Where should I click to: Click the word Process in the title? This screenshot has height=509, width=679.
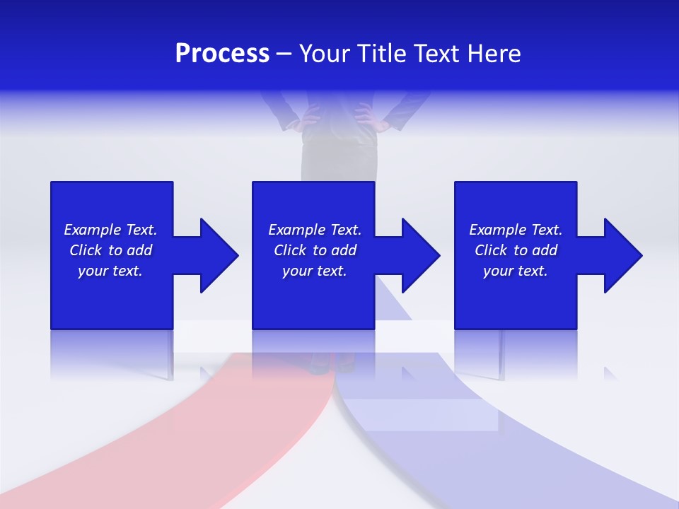coord(222,54)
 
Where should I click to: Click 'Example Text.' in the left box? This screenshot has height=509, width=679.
coord(110,230)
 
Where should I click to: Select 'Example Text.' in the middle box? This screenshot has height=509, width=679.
coord(315,230)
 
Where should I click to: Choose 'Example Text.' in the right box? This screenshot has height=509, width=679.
coord(516,230)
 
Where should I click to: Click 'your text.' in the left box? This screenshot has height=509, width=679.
coord(110,271)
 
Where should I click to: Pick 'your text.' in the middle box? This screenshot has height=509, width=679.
coord(315,271)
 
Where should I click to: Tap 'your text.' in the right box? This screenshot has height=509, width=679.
coord(516,271)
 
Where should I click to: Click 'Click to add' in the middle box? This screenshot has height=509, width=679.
coord(315,250)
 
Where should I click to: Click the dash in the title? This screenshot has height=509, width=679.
coord(284,54)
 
